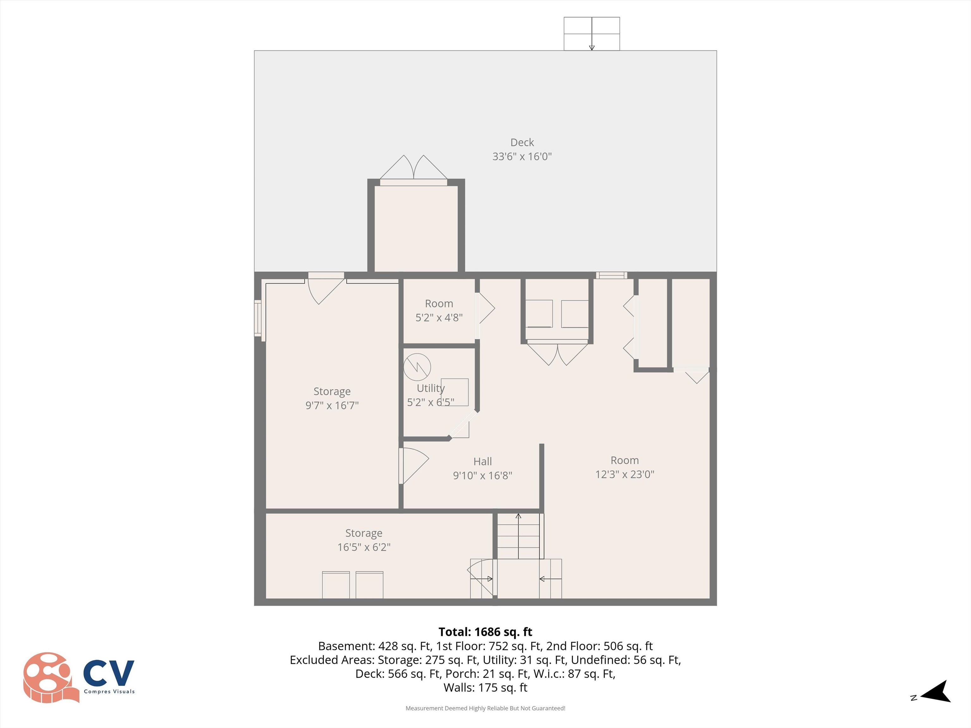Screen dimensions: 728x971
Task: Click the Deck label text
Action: [x=522, y=142]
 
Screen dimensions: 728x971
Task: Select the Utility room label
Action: [x=430, y=388]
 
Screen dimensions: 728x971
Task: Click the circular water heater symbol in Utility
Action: [x=417, y=367]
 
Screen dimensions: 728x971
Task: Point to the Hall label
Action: [x=482, y=461]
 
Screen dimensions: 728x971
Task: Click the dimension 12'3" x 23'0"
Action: [x=624, y=474]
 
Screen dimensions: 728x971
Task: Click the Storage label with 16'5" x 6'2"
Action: [x=363, y=539]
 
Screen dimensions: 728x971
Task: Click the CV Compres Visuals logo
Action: [x=79, y=677]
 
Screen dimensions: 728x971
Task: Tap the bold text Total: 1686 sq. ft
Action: [x=485, y=632]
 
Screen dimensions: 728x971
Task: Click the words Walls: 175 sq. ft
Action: [x=485, y=687]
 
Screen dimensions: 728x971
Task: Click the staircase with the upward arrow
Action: [x=518, y=536]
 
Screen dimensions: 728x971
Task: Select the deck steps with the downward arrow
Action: [x=591, y=34]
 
